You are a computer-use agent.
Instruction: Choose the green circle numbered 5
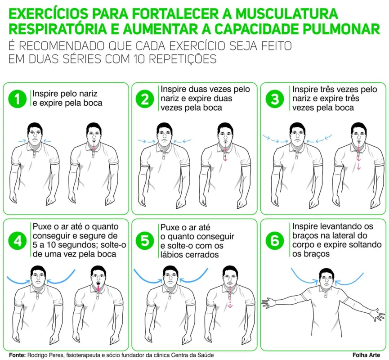tap(145, 241)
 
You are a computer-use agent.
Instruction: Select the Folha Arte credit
tap(366, 354)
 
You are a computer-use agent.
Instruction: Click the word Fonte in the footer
tap(17, 354)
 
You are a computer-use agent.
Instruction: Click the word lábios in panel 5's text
tap(172, 254)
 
